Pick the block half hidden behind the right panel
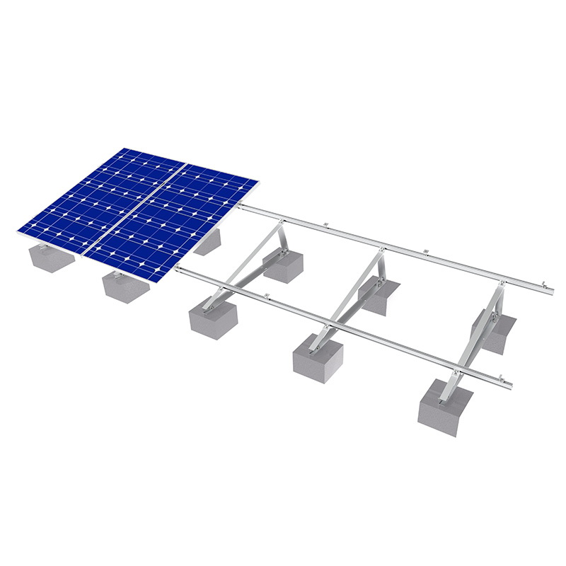click(x=209, y=243)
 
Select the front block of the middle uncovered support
click(x=318, y=353)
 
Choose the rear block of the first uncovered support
click(x=283, y=265)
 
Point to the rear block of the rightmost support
click(x=495, y=329)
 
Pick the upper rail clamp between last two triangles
click(x=424, y=252)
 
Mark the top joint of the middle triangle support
click(x=381, y=249)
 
